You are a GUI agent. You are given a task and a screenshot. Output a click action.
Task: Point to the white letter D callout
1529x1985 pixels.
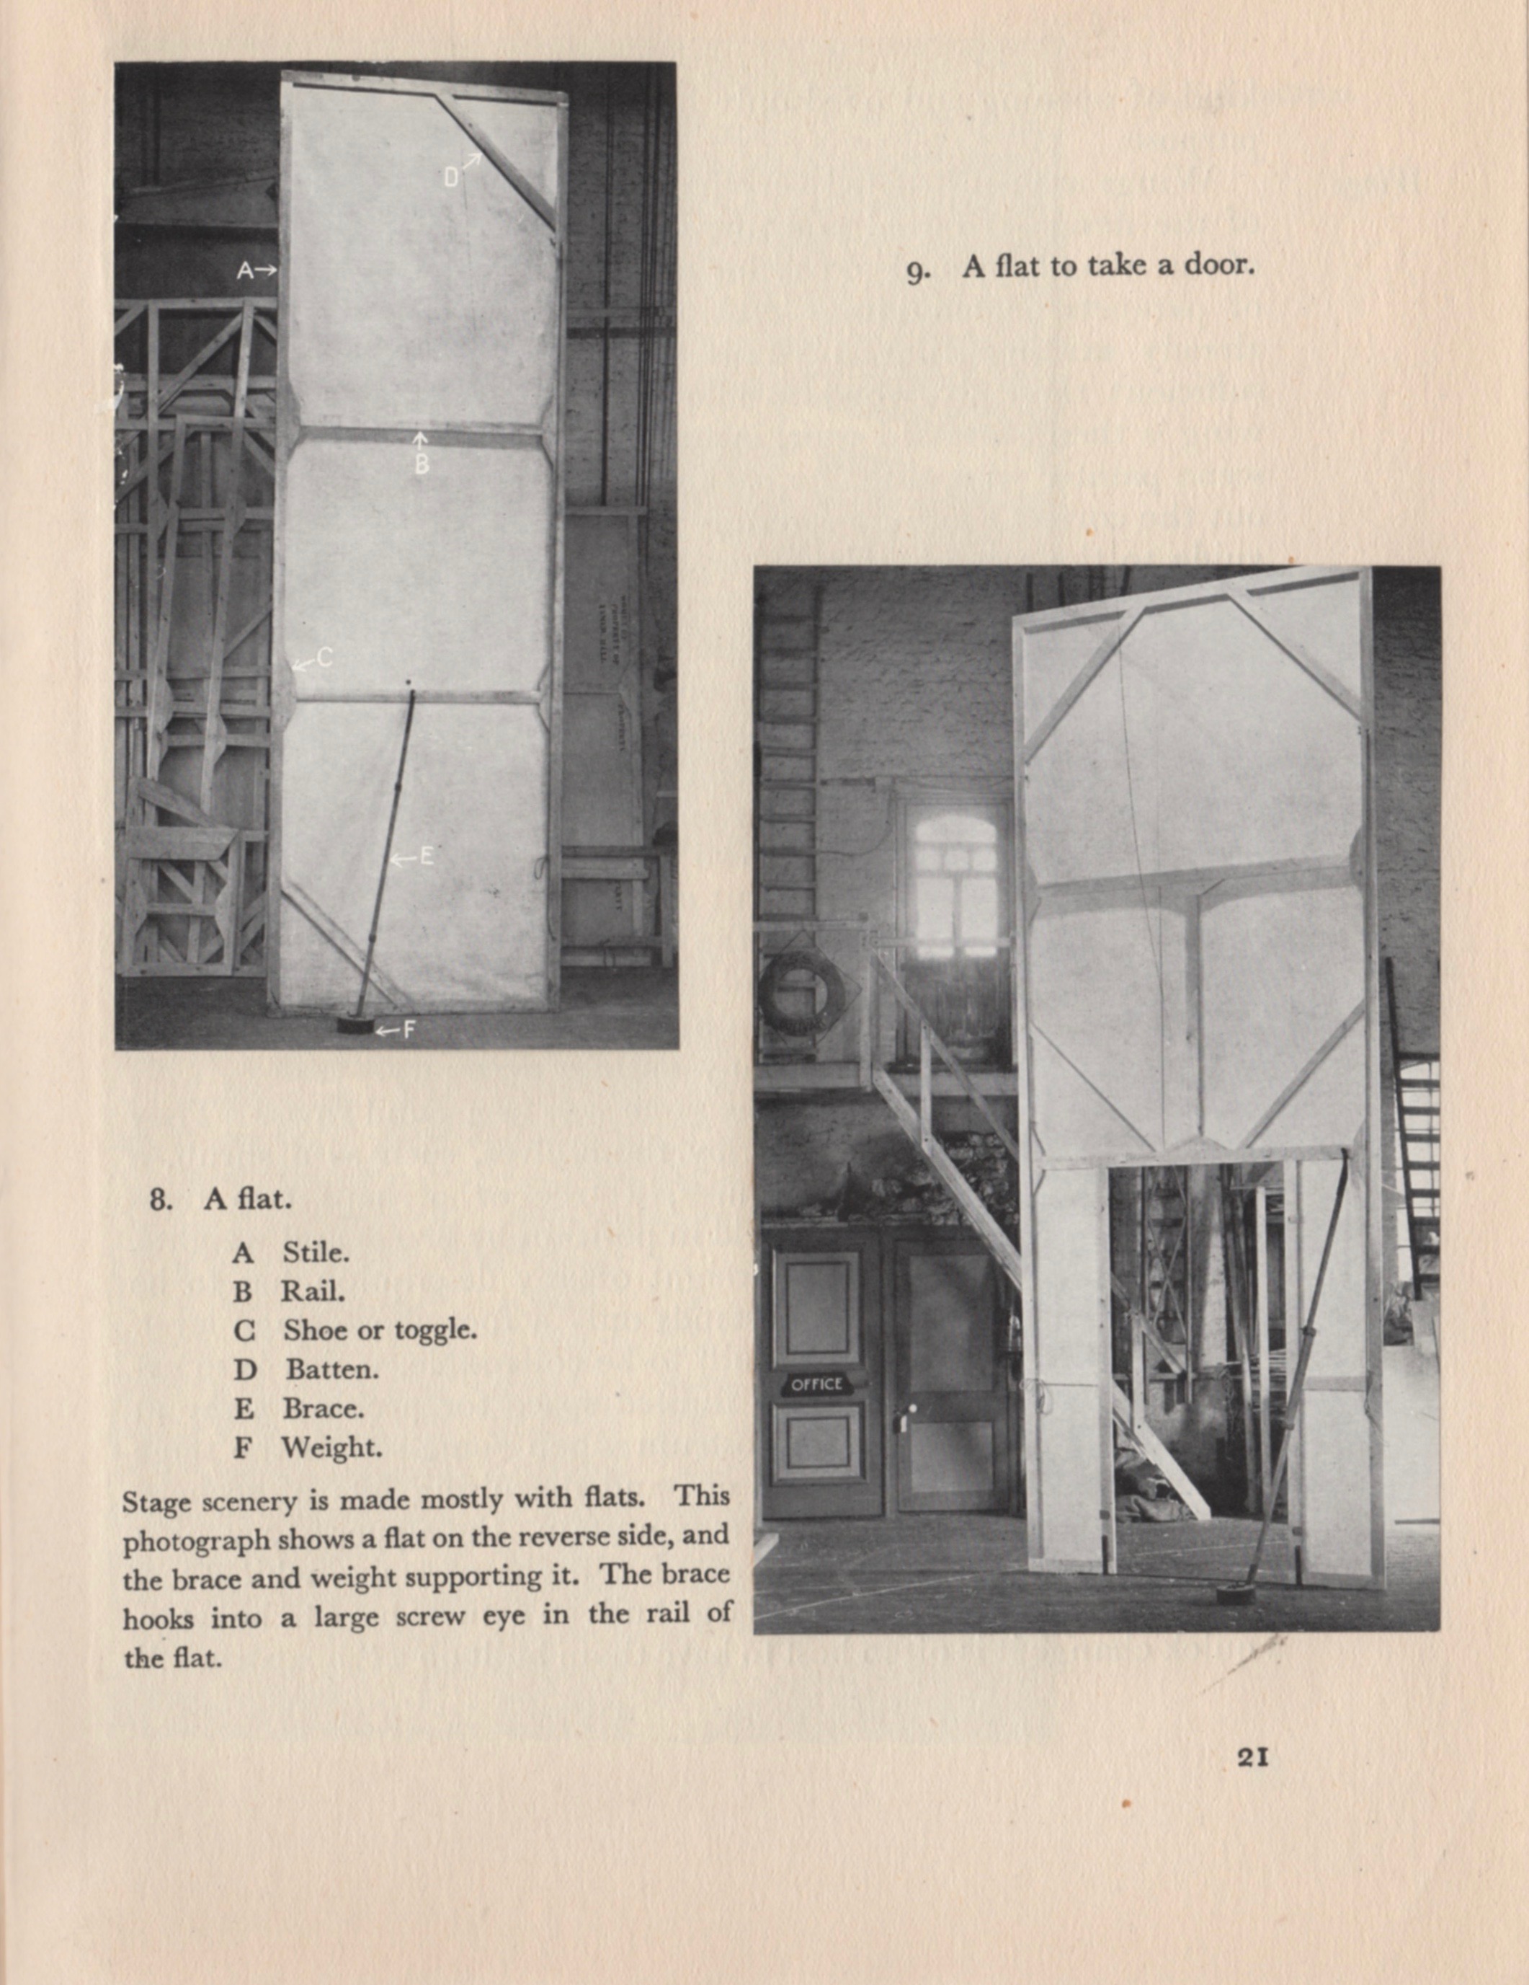[452, 177]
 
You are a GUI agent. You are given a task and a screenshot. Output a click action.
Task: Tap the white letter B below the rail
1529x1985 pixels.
[422, 465]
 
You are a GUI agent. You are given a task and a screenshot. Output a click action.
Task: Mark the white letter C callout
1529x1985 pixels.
[324, 658]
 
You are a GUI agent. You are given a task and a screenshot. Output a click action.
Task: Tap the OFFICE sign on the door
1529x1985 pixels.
[816, 1384]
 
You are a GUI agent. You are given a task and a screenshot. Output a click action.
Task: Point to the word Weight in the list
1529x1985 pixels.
[331, 1447]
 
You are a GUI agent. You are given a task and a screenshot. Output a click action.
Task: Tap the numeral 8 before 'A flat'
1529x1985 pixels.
[160, 1200]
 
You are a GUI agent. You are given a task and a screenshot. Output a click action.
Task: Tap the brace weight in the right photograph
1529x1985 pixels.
[1236, 1594]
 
